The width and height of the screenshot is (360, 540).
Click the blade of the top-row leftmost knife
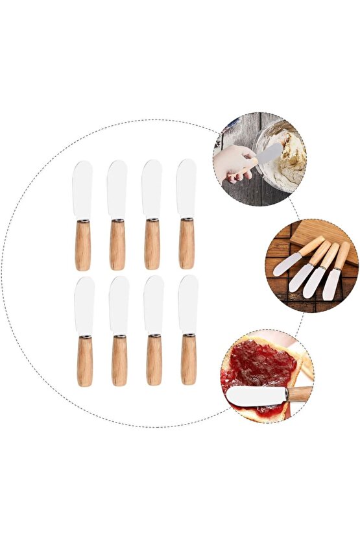(x=82, y=188)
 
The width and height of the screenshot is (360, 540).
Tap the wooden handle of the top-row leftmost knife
(x=82, y=247)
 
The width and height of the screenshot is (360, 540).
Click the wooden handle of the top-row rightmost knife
(x=186, y=245)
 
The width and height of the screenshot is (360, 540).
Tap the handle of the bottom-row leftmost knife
(x=84, y=360)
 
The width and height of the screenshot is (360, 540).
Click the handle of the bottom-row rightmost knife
(x=188, y=360)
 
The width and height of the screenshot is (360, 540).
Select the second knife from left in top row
(x=117, y=214)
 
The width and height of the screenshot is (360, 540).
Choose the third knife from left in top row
(x=152, y=214)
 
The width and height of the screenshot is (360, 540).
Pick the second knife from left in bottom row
(x=119, y=331)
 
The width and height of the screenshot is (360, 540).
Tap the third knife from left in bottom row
(x=154, y=331)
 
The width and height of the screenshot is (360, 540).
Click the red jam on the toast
(x=256, y=367)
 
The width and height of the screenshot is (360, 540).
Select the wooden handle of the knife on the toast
(x=300, y=393)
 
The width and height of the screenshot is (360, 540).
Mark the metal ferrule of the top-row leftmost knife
(x=82, y=221)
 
